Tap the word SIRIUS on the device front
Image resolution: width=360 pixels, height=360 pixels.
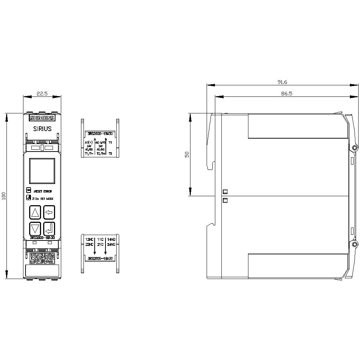coord(42,129)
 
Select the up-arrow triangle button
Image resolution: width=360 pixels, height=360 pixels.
coord(35,212)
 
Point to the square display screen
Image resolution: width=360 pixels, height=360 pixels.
coord(41,171)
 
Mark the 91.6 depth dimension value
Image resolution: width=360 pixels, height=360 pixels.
coord(282,82)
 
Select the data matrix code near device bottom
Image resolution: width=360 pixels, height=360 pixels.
coord(41,258)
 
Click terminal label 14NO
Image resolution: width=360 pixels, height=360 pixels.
coord(111,239)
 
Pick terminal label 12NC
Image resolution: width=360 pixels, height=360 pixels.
coord(89,239)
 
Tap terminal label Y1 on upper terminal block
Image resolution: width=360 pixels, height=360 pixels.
coord(111,143)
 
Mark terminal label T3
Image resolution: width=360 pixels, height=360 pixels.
coord(110,154)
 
